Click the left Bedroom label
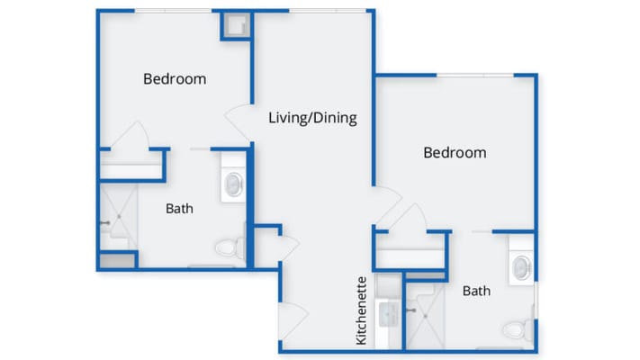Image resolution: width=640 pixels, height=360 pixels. point(175,79)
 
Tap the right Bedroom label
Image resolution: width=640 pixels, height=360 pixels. point(455,153)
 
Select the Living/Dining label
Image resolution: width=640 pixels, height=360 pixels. point(313,118)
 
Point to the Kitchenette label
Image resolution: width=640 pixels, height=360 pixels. point(361,310)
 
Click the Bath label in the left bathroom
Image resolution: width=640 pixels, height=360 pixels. point(179,209)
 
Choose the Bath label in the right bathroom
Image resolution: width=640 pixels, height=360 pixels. point(476,291)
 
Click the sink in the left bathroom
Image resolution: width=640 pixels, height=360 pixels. point(233,184)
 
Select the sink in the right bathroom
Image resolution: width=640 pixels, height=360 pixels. point(522,267)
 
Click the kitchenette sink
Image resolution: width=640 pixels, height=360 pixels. point(390,314)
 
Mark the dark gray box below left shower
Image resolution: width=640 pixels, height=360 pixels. point(115,261)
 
